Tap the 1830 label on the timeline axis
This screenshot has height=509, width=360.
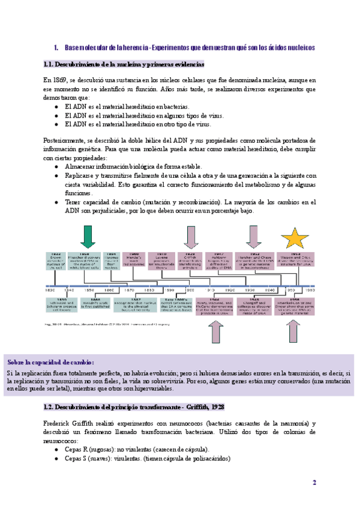(50, 290)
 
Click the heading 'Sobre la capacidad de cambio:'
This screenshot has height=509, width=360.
(50, 363)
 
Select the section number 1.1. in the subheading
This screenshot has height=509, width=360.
(52, 64)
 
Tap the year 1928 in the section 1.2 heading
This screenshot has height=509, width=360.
(217, 407)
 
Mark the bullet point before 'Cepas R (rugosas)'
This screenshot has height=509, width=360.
(56, 450)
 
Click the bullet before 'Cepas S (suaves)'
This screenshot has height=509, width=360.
(56, 459)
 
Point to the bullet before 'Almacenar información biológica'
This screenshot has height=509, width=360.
(56, 166)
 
